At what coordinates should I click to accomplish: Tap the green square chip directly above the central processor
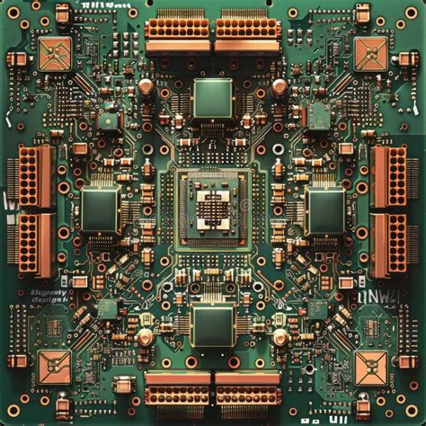212,97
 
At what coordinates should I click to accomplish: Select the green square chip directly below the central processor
212,325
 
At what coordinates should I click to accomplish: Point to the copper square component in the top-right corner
370,54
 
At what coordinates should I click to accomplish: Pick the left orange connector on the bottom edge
178,388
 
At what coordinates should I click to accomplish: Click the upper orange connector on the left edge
30,177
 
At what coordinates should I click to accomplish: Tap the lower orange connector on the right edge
390,244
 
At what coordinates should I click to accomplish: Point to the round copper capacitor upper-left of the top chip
145,86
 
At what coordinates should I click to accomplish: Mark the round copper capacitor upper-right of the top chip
280,86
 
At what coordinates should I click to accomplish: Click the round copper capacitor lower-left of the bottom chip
145,337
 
